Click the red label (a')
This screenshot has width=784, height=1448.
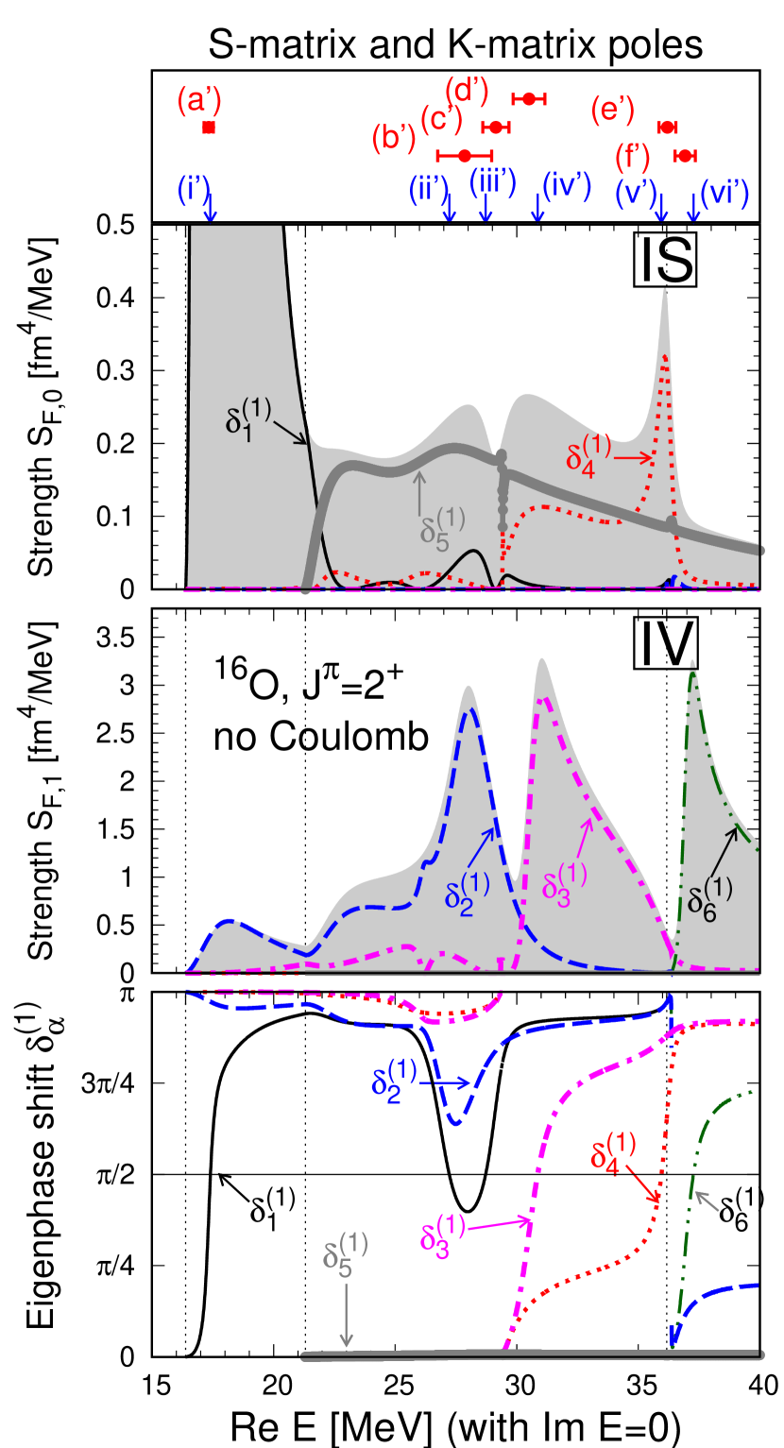tap(199, 100)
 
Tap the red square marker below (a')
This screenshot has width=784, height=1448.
tap(209, 128)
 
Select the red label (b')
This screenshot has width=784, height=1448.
tap(394, 139)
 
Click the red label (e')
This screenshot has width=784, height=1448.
tap(612, 111)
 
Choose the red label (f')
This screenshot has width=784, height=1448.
tap(633, 154)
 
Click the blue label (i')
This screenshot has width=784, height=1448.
tap(193, 189)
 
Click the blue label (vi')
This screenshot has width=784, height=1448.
tap(724, 193)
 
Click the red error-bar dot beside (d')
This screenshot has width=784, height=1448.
tap(529, 98)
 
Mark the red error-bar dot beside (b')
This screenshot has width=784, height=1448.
tap(464, 156)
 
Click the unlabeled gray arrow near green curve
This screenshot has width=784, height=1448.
tap(708, 1201)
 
